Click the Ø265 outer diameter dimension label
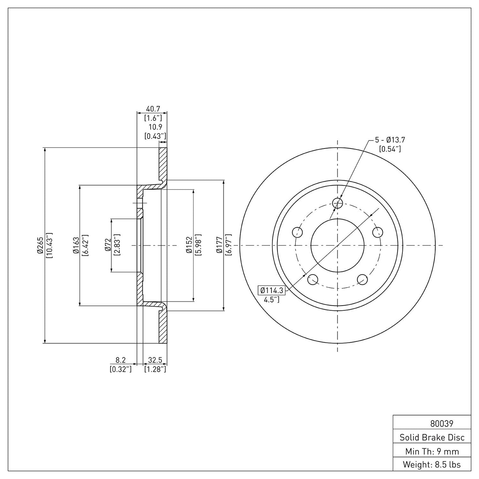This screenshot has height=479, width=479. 39,245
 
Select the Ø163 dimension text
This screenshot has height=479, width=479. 76,245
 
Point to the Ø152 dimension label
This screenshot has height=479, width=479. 189,245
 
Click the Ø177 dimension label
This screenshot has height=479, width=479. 219,245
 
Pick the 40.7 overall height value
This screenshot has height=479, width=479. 153,109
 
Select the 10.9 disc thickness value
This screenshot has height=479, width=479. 155,127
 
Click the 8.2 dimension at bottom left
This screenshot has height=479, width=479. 121,360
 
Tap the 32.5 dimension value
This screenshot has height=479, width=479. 155,360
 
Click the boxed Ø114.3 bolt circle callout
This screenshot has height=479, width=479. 271,290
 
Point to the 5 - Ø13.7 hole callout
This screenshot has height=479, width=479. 390,140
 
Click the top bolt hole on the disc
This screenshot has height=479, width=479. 337,203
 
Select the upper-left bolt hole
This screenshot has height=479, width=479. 297,232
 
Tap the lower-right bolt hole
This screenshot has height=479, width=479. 362,279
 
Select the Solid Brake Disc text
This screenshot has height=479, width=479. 432,437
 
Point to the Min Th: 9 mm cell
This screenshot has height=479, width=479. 432,451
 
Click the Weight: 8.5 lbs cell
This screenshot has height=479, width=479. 432,464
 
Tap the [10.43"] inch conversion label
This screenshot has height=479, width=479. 50,245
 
